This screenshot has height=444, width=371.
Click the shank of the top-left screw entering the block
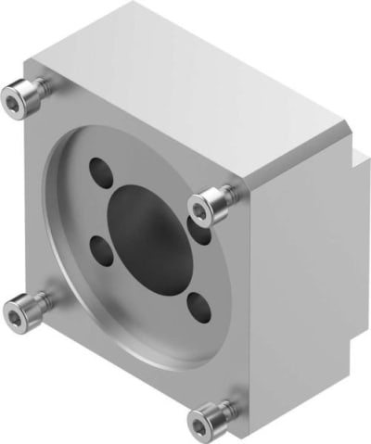39,88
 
